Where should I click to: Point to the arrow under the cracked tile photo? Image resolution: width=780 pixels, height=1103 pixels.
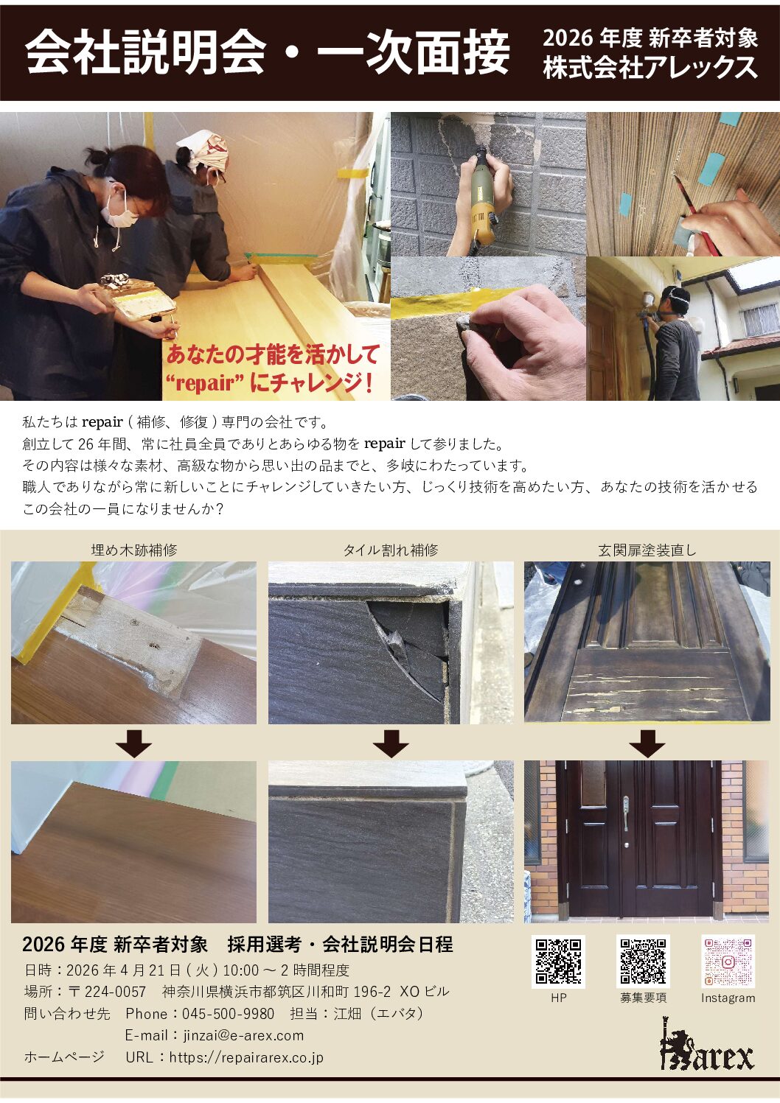[390, 743]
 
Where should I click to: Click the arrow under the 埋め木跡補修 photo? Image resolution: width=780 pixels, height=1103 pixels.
[133, 743]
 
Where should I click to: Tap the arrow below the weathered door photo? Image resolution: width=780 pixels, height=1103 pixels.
[647, 743]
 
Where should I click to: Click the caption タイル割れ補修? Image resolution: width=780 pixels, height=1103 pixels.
[391, 550]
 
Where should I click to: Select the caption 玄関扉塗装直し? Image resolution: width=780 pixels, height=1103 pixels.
[647, 550]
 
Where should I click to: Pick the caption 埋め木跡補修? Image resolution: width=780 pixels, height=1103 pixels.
[134, 550]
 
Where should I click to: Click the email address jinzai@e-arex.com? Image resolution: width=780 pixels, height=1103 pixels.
[243, 1035]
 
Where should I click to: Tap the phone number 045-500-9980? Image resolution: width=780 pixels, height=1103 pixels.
[228, 1013]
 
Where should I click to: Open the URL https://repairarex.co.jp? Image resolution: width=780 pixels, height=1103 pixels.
[246, 1057]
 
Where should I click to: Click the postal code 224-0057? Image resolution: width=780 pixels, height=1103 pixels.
[115, 991]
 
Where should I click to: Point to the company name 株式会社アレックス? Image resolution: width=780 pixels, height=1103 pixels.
[650, 68]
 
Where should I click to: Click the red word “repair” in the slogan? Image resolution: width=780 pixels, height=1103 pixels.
[204, 382]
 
